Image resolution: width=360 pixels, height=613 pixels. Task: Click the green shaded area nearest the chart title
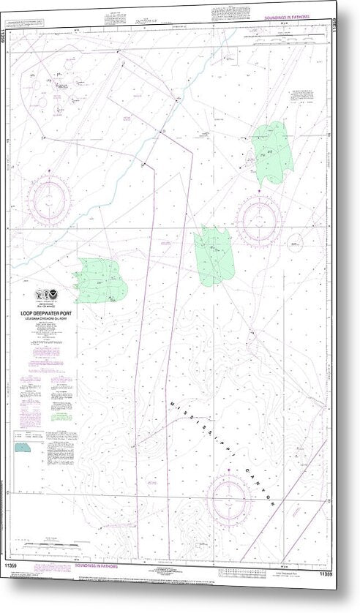[99, 279]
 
